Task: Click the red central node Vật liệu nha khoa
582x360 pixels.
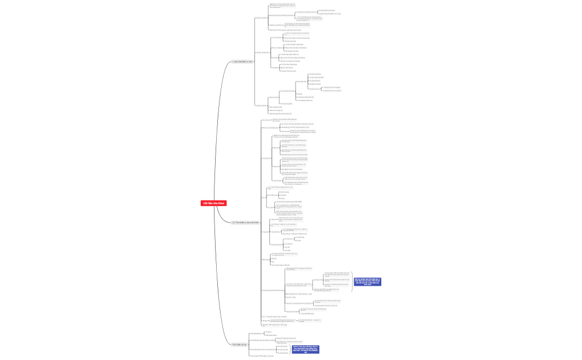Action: pyautogui.click(x=213, y=203)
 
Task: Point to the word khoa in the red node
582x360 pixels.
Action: pyautogui.click(x=222, y=203)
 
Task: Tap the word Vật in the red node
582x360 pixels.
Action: pyautogui.click(x=205, y=203)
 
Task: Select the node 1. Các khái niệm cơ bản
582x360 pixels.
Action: pyautogui.click(x=242, y=61)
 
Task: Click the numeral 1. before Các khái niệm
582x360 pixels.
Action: pyautogui.click(x=233, y=61)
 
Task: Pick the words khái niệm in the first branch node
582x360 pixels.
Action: pyautogui.click(x=242, y=61)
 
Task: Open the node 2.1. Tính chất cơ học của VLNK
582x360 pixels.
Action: pyautogui.click(x=246, y=222)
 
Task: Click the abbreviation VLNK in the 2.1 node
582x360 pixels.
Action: pyautogui.click(x=256, y=222)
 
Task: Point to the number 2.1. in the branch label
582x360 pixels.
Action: pyautogui.click(x=234, y=222)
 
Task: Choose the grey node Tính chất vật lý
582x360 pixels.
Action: pyautogui.click(x=240, y=344)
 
